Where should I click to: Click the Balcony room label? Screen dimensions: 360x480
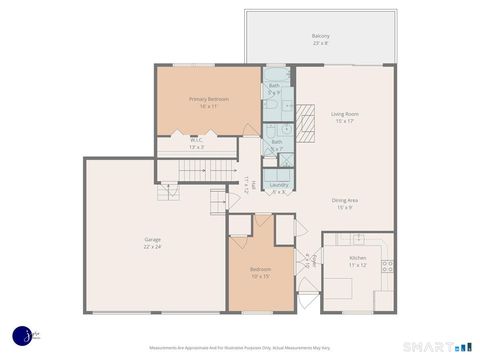click(320, 36)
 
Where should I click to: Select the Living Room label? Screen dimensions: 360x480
click(345, 114)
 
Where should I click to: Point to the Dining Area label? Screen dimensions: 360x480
click(346, 200)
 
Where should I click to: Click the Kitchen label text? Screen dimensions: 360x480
click(357, 258)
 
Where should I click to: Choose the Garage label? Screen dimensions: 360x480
click(152, 239)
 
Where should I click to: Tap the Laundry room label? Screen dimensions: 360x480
click(279, 184)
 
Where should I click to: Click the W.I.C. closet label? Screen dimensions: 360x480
click(197, 140)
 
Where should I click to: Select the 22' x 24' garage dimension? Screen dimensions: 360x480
click(152, 246)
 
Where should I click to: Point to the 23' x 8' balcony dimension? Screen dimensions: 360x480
click(320, 43)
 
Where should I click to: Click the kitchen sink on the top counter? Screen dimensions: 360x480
click(357, 239)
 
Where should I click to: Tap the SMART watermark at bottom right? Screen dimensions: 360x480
click(425, 346)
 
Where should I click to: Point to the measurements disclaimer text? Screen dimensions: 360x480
click(240, 349)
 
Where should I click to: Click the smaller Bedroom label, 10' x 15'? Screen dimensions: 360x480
click(259, 271)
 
